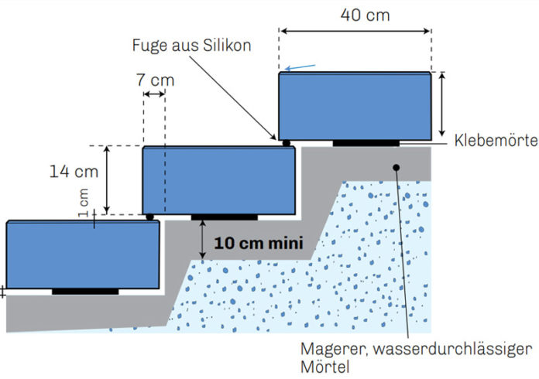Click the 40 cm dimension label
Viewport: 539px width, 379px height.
365,15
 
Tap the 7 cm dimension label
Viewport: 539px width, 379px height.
156,80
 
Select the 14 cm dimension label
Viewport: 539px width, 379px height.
74,171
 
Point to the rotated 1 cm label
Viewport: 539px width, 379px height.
83,203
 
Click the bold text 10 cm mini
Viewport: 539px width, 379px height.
259,243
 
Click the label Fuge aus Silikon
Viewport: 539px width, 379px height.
191,46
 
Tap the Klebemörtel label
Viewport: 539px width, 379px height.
496,140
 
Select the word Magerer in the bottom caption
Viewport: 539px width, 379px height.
331,349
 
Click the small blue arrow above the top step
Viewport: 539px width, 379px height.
300,67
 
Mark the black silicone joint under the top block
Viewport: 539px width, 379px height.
286,143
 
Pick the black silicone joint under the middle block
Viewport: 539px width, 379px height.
149,217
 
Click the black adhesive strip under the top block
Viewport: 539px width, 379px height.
366,143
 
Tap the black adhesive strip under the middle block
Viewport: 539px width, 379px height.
225,217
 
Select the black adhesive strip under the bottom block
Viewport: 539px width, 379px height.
85,292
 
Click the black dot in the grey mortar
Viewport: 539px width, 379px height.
397,168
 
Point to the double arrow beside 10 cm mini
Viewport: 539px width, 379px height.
202,239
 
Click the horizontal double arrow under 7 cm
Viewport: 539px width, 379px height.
154,94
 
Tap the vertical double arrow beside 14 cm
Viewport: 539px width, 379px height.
107,180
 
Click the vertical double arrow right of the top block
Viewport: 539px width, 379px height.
442,104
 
